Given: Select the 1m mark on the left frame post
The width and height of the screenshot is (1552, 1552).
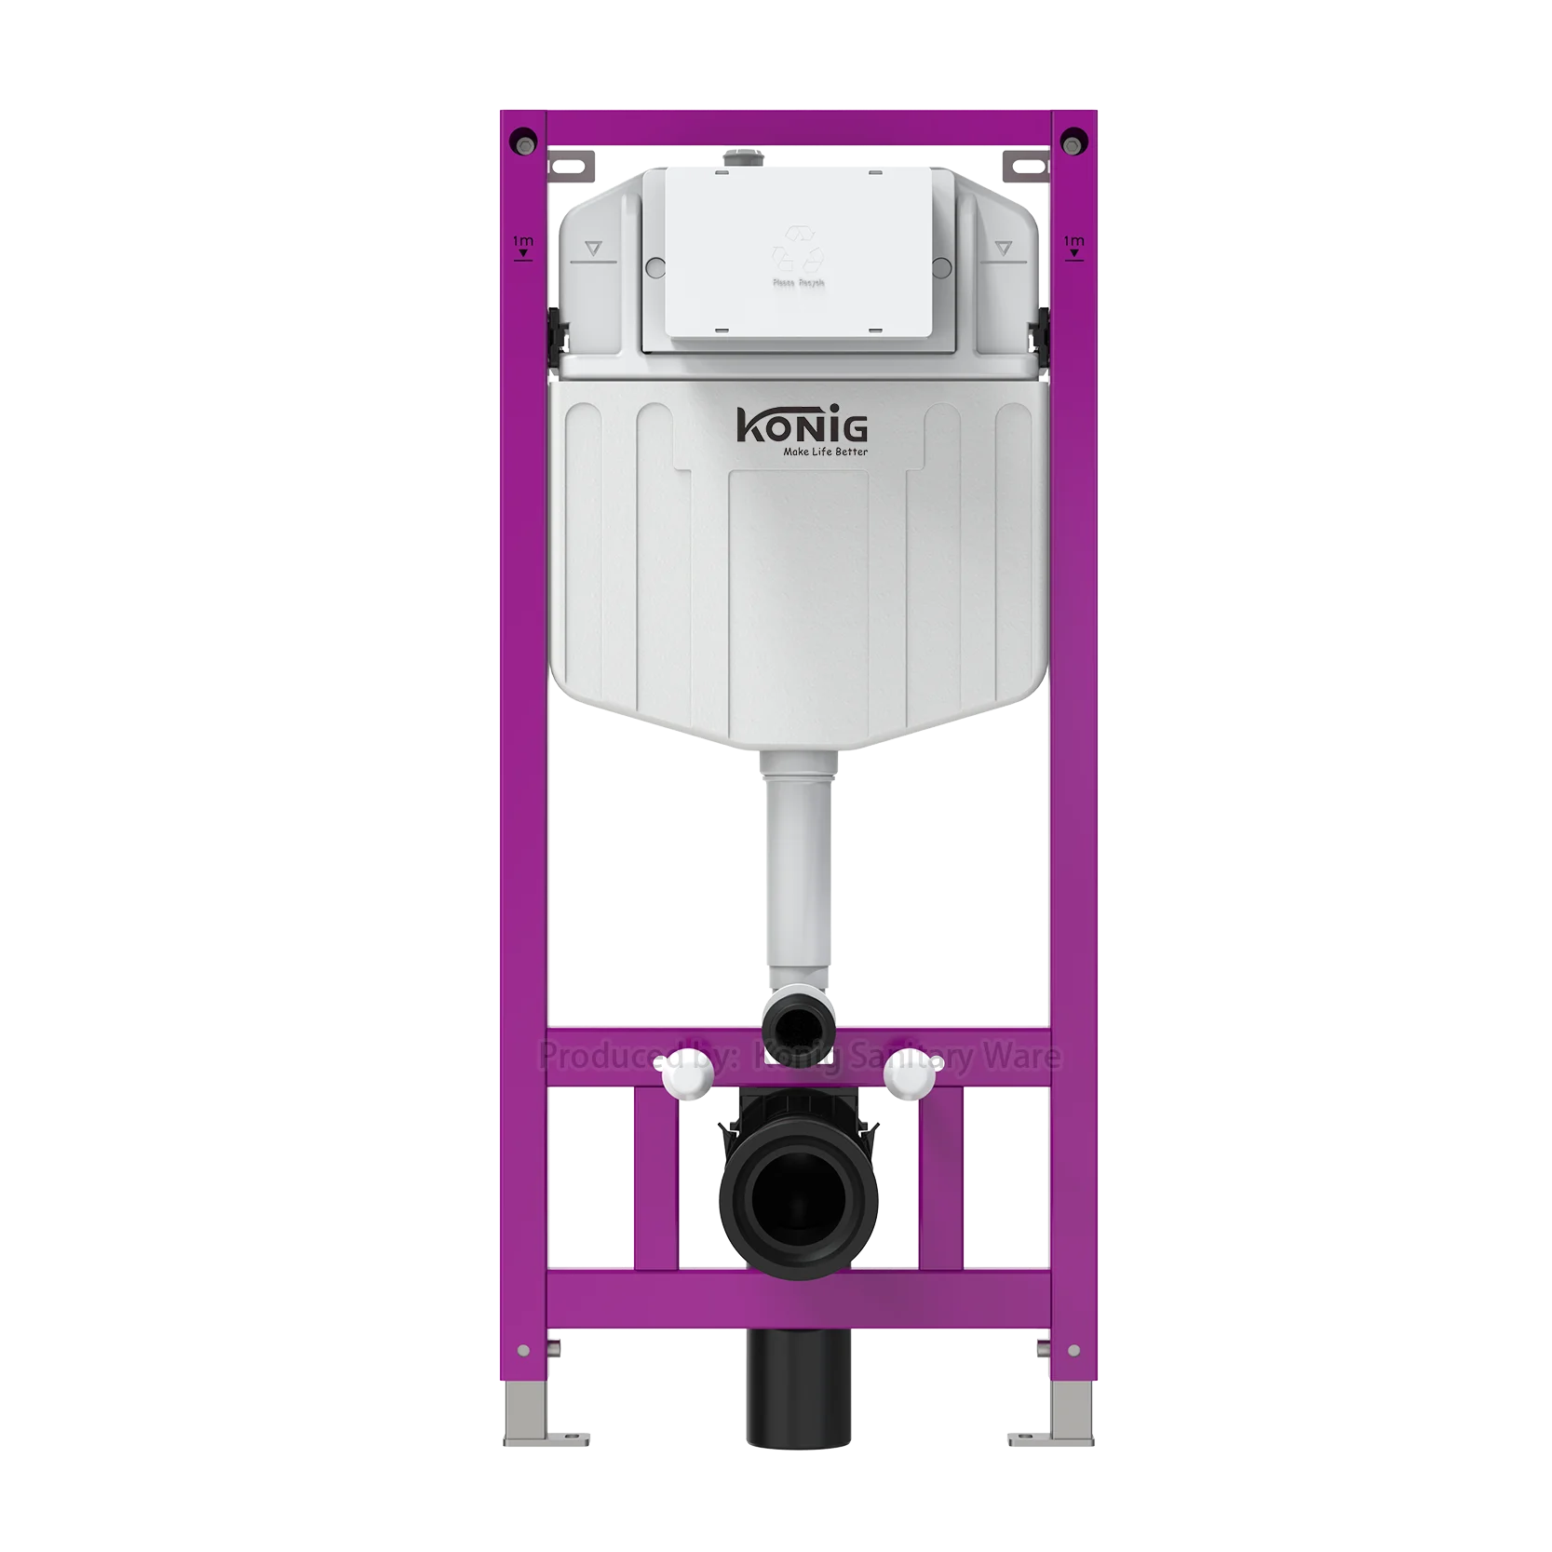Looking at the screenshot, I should pos(522,246).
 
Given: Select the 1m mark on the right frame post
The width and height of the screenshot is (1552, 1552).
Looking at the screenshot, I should pos(1073,246).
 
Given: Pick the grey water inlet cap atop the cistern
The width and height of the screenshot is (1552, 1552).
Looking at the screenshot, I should pos(740,159).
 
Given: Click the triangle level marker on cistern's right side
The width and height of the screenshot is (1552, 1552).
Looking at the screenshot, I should pos(1003,248).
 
